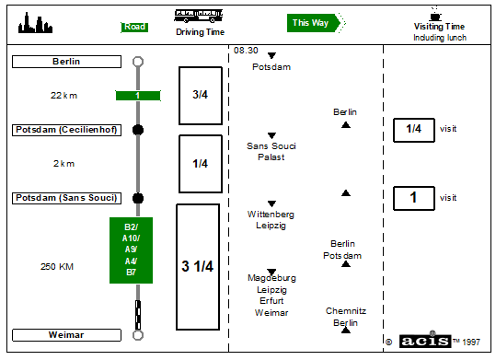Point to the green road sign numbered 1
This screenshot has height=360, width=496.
click(x=138, y=96)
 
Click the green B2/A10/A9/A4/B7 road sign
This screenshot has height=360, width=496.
click(x=131, y=250)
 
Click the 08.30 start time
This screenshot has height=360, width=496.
click(x=246, y=51)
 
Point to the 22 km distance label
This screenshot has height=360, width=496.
click(x=63, y=96)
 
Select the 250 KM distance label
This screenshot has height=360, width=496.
click(x=57, y=267)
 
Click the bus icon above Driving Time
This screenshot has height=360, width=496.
click(x=199, y=16)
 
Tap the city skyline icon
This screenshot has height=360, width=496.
click(x=35, y=23)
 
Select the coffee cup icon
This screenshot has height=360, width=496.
click(x=435, y=14)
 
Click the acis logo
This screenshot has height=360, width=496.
click(x=425, y=341)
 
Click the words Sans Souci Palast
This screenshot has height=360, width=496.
click(x=271, y=151)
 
